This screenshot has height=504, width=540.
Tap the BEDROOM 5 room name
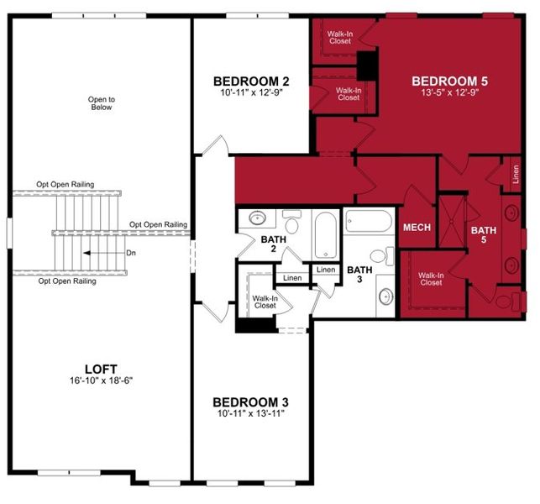(449, 81)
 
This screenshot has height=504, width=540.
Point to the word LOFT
(100, 369)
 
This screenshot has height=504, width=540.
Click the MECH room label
(417, 228)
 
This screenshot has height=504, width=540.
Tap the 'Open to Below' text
(101, 103)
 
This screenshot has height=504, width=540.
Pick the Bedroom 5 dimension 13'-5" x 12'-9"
(449, 93)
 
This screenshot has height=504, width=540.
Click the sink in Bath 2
(257, 220)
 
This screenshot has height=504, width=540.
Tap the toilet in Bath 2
(292, 223)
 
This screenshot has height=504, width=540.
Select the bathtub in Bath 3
(368, 222)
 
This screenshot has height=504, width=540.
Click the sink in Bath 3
(386, 296)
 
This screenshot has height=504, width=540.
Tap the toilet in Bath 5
(507, 300)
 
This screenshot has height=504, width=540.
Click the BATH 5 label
(483, 234)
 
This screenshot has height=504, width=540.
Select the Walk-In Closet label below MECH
(431, 279)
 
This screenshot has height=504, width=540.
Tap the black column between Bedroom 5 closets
(367, 66)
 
